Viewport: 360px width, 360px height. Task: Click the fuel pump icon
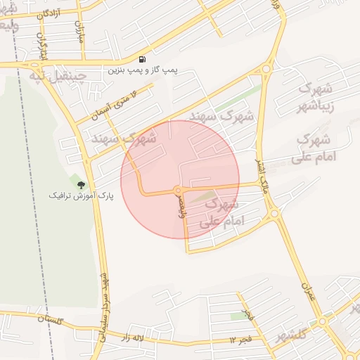[x=143, y=60]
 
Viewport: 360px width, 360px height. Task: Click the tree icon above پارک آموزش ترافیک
[x=81, y=184]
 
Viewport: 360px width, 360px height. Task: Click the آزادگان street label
[x=42, y=13]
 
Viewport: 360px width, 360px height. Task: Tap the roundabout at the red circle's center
[x=179, y=191]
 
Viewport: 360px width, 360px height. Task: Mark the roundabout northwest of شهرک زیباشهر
[x=266, y=69]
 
